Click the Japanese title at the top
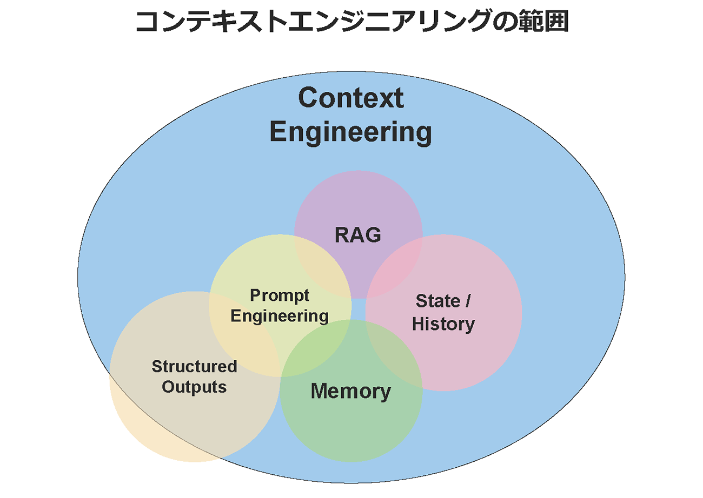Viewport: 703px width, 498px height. (351, 22)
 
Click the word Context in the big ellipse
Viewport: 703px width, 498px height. (350, 98)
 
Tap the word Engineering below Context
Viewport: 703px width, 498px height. (350, 132)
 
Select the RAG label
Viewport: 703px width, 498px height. (358, 235)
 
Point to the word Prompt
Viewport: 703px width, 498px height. (280, 295)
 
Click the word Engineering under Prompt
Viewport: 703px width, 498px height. (280, 315)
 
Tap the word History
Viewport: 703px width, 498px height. (443, 324)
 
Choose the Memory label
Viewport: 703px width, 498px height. (351, 391)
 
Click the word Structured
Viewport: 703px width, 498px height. (194, 367)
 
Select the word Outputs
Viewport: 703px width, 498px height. (194, 387)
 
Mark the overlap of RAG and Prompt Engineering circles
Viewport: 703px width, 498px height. (322, 270)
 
